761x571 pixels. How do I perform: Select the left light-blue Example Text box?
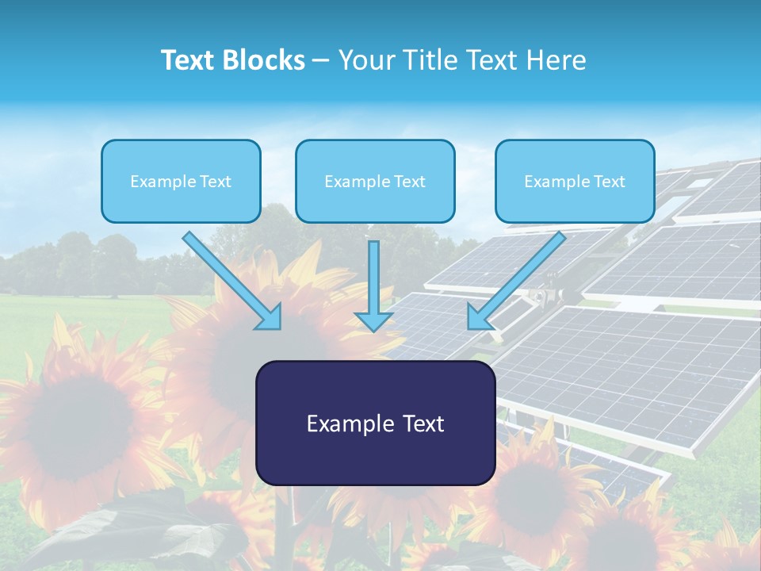(x=181, y=181)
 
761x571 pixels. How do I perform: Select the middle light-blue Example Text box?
(x=375, y=181)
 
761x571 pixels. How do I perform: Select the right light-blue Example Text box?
(x=575, y=181)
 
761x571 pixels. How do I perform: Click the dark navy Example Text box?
(x=375, y=423)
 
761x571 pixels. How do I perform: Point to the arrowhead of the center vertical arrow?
(x=373, y=322)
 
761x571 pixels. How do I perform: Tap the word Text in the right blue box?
(x=609, y=182)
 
